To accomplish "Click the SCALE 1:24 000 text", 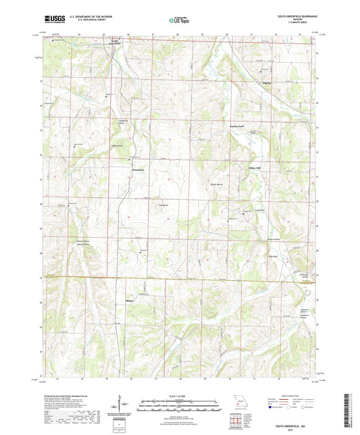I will pyautogui.click(x=179, y=396).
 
